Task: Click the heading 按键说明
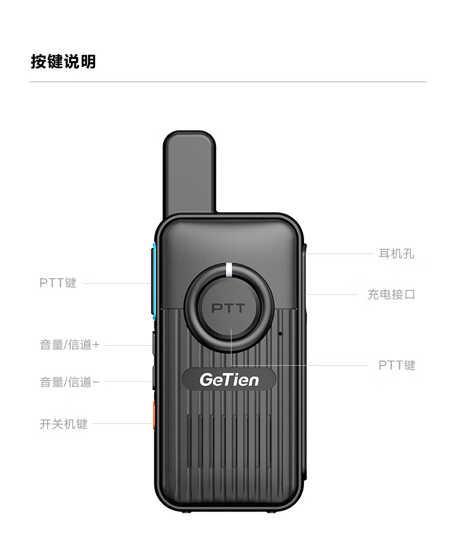63,62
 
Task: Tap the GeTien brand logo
229,380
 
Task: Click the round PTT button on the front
229,308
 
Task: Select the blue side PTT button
154,281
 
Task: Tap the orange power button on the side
154,415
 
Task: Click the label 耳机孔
396,253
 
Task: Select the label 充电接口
391,294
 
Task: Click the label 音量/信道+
70,344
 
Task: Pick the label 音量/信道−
70,381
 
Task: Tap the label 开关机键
64,423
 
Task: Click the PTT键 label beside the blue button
58,283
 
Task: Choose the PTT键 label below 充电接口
397,365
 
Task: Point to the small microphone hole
280,334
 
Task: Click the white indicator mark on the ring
229,270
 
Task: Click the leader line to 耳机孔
340,253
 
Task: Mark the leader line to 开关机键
122,423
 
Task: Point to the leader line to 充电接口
331,294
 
